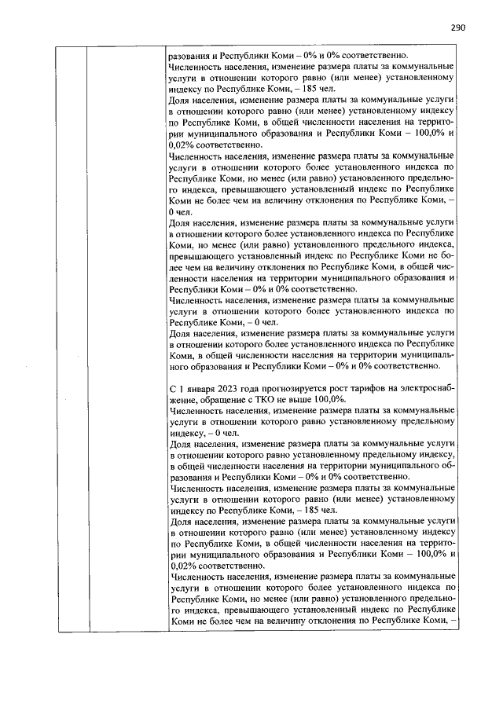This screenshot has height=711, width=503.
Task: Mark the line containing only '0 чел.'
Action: (x=182, y=212)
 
